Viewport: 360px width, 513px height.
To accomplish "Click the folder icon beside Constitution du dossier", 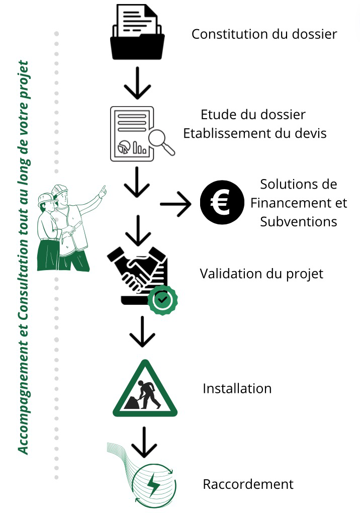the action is pos(137,32).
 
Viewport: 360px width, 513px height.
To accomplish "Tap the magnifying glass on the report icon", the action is pos(161,142).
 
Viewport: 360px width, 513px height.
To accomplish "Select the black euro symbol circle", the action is pos(222,202).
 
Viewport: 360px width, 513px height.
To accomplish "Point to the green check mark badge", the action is pos(162,300).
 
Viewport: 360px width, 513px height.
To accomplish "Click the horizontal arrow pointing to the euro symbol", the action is pos(175,204).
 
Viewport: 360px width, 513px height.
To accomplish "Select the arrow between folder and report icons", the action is pos(137,83).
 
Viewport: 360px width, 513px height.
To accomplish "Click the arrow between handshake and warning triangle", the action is pos(142,331).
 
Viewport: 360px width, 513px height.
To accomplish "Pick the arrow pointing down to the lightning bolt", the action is pos(144,442).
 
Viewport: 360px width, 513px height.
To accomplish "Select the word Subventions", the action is pos(299,221).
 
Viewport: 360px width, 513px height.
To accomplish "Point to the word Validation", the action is pos(230,274).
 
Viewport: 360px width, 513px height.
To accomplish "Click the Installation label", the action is pos(237,388).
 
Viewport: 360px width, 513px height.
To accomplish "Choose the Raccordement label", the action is pos(248,484).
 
